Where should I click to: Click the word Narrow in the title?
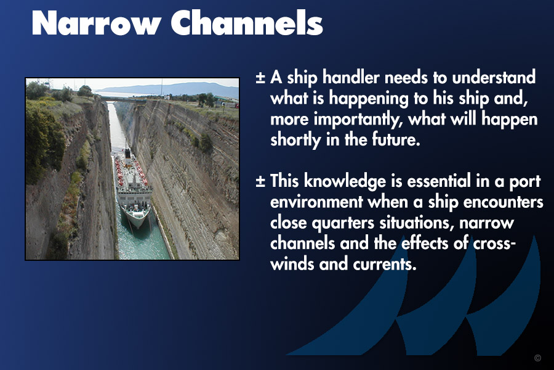point(96,23)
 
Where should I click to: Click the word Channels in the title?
point(247,23)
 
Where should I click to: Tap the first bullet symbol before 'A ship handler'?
point(260,78)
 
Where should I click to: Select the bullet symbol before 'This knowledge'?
point(260,181)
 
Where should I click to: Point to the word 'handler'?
point(351,77)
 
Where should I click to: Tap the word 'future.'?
point(396,139)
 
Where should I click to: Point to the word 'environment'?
point(316,202)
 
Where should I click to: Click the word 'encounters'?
point(503,202)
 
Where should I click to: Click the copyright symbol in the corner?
point(538,358)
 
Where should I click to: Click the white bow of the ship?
point(137,219)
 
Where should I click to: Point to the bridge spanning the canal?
point(124,100)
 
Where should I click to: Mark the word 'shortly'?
point(295,140)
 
